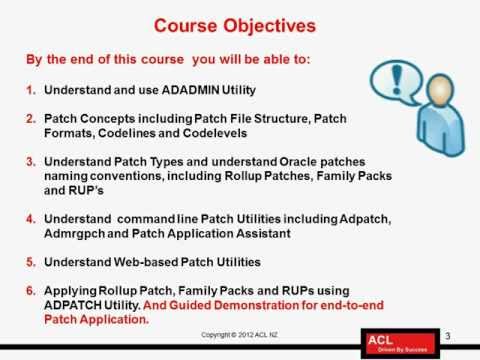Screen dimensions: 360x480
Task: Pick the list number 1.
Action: pos(30,87)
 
